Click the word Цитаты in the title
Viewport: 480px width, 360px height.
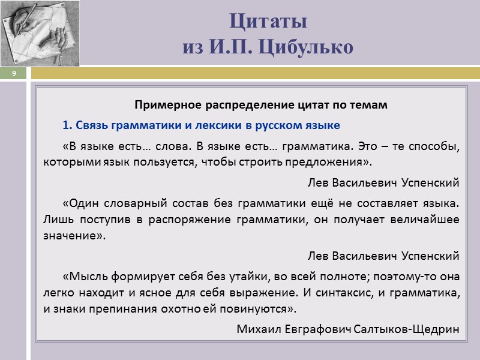(x=268, y=22)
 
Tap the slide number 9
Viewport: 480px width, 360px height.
(x=13, y=73)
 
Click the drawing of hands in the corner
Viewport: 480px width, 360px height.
(x=39, y=32)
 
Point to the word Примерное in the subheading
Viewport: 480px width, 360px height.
(x=164, y=105)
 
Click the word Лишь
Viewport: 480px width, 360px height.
(x=56, y=220)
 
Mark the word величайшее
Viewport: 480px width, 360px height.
(x=427, y=220)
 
